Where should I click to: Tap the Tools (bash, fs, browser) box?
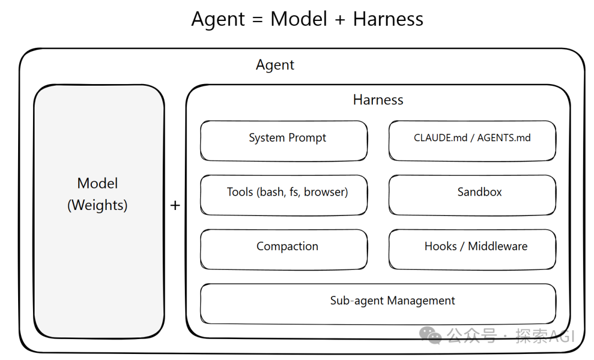pyautogui.click(x=284, y=194)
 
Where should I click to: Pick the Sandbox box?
pyautogui.click(x=472, y=194)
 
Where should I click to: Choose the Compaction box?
pyautogui.click(x=284, y=248)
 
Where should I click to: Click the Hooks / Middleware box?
pyautogui.click(x=472, y=248)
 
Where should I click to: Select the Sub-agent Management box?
pyautogui.click(x=378, y=303)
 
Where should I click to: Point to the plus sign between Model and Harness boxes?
pyautogui.click(x=175, y=206)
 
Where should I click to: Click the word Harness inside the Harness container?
pyautogui.click(x=378, y=100)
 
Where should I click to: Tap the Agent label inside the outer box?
pyautogui.click(x=275, y=65)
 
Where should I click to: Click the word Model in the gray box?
pyautogui.click(x=97, y=184)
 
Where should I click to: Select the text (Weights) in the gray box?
pyautogui.click(x=97, y=206)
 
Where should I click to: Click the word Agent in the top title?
pyautogui.click(x=218, y=19)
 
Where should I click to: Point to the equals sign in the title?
pyautogui.click(x=258, y=20)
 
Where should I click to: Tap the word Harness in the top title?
pyautogui.click(x=388, y=19)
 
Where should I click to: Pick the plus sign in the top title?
pyautogui.click(x=340, y=20)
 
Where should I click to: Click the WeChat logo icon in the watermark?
pyautogui.click(x=430, y=334)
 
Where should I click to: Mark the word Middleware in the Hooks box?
pyautogui.click(x=497, y=247)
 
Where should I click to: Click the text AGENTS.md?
pyautogui.click(x=504, y=138)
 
